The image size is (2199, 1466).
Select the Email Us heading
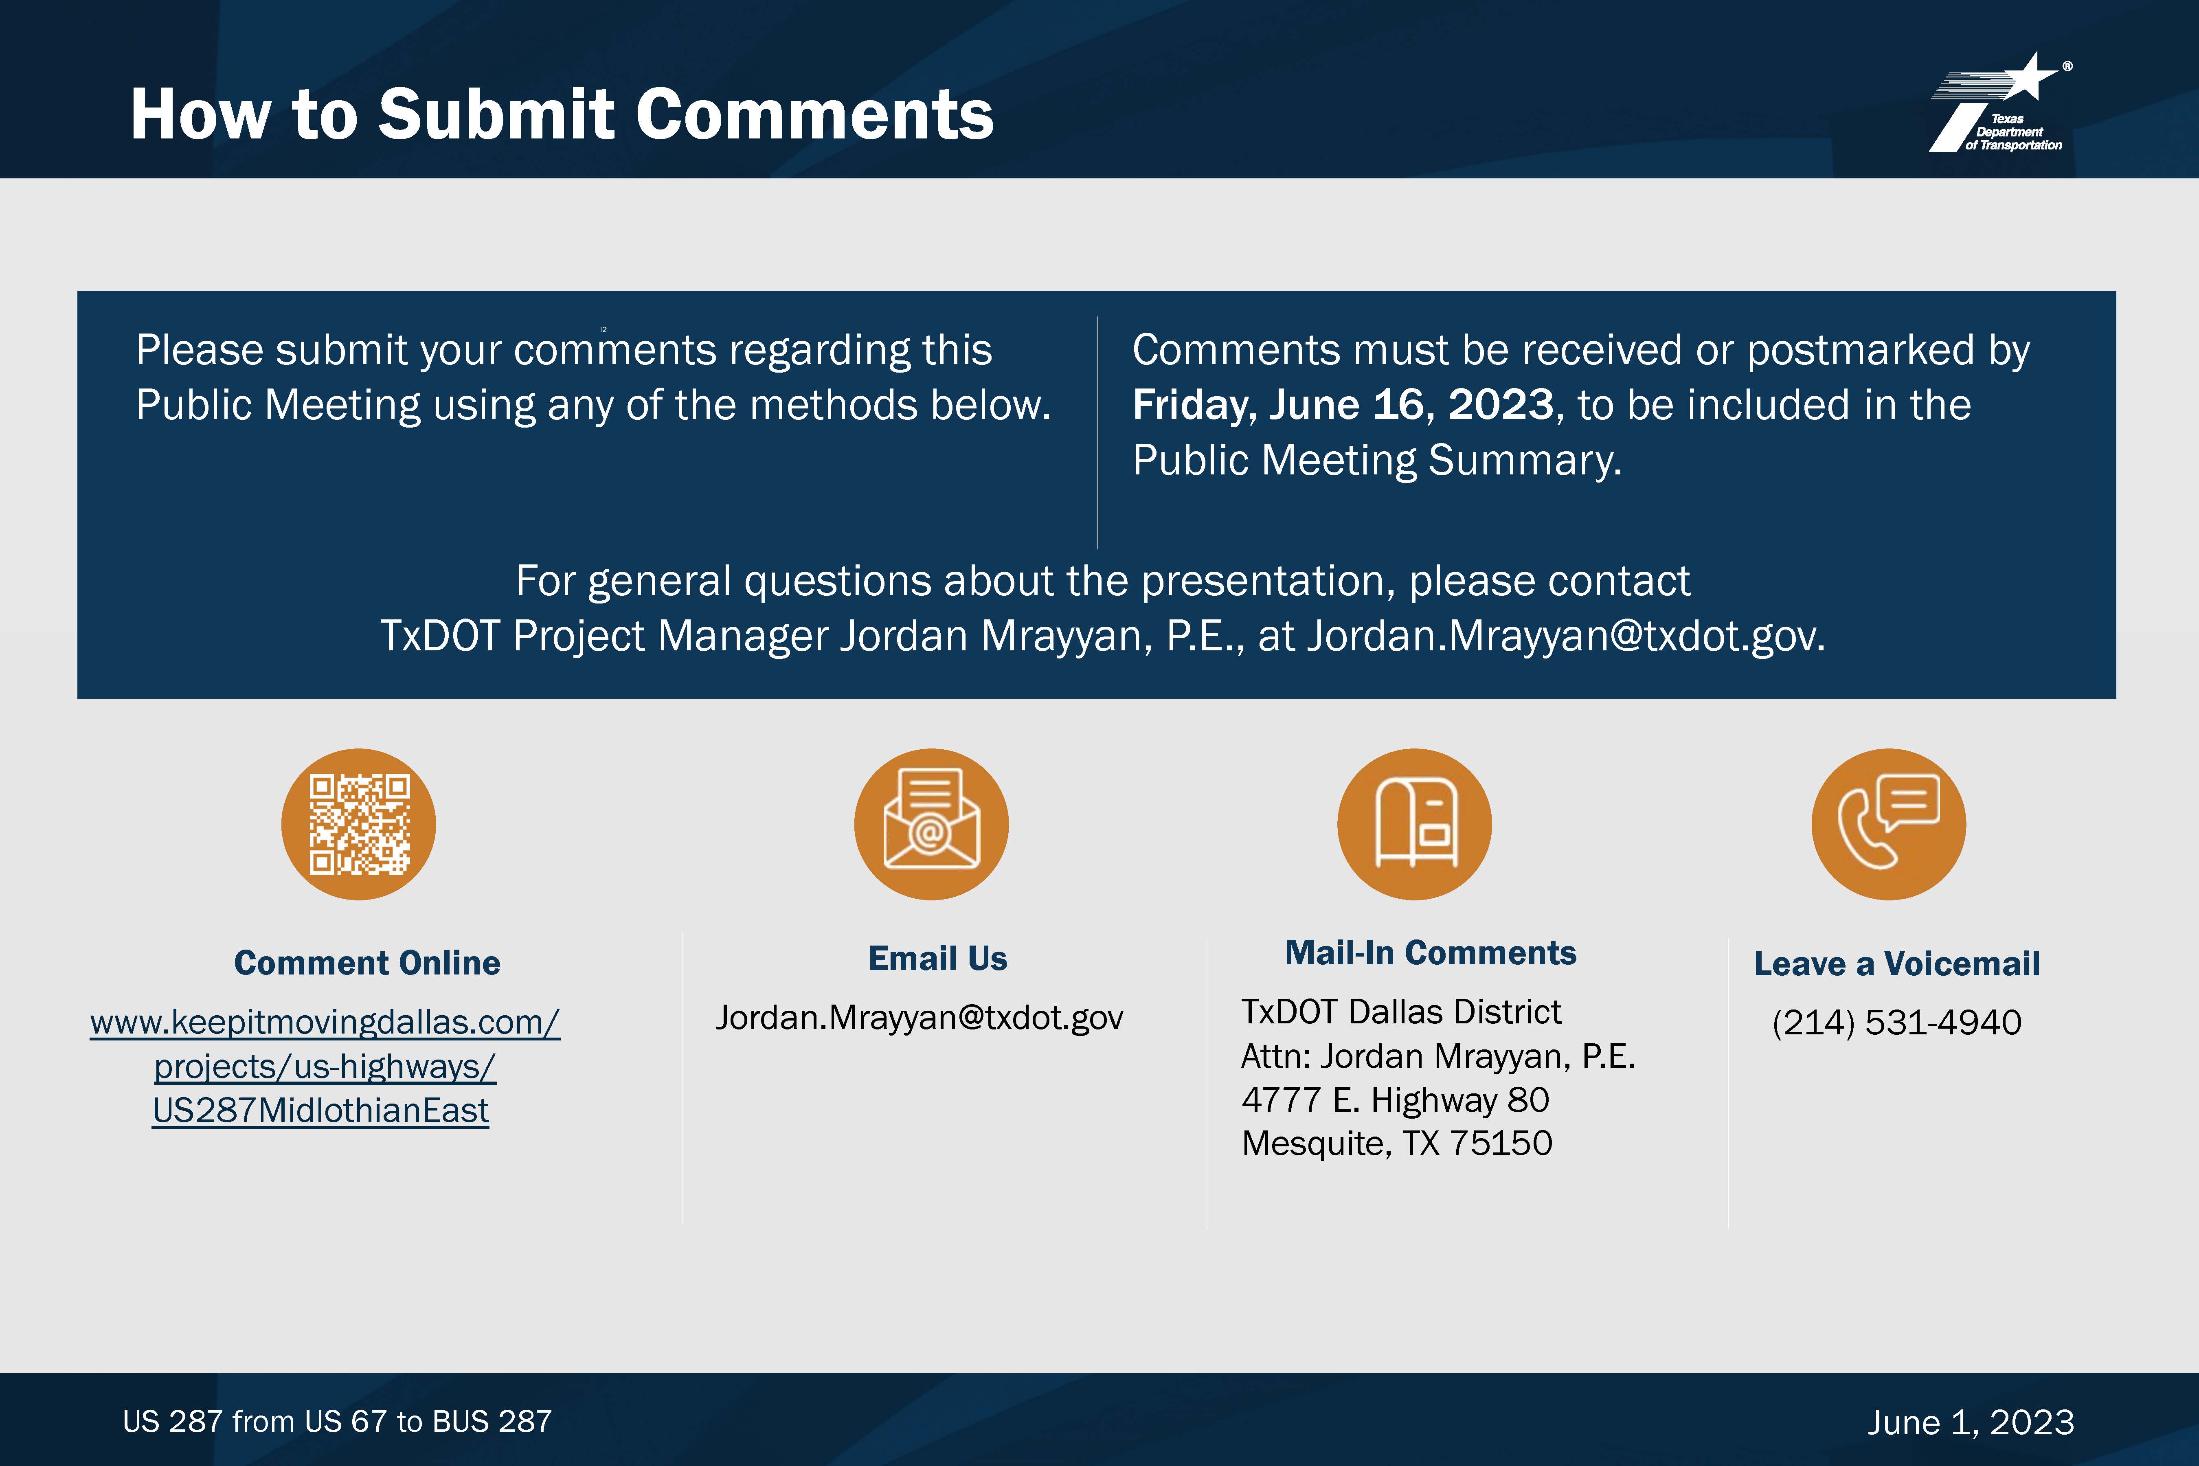click(x=938, y=958)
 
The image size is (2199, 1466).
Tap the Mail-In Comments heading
click(x=1431, y=953)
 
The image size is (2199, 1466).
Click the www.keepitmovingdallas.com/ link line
click(x=325, y=1022)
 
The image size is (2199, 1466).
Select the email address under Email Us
click(x=919, y=1017)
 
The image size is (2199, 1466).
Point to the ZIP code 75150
click(x=1501, y=1143)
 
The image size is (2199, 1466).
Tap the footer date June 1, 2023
click(x=1971, y=1422)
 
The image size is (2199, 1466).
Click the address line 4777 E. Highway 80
click(x=1395, y=1099)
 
